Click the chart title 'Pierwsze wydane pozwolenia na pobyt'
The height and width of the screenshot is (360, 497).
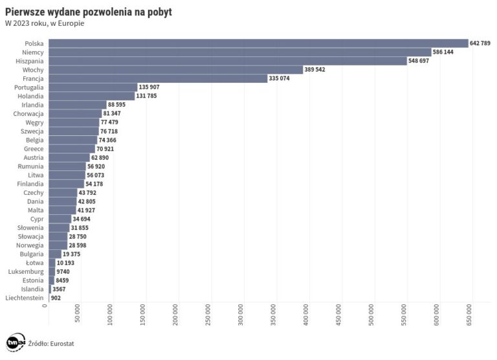[x=88, y=12]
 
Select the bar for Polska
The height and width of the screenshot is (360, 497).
[x=258, y=43]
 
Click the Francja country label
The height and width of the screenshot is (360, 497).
[x=32, y=78]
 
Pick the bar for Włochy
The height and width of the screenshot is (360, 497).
[x=175, y=69]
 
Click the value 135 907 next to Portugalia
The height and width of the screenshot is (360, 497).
[x=149, y=87]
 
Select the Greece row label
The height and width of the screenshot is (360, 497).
[x=33, y=149]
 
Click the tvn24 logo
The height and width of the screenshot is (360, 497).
[x=16, y=343]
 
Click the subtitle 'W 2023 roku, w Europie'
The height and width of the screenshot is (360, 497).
[x=45, y=23]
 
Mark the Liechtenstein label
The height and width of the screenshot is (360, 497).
[x=25, y=298]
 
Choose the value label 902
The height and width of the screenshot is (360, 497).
[x=55, y=298]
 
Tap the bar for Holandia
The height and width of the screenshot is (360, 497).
[x=91, y=96]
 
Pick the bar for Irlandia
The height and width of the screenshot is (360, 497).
[x=77, y=104]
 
